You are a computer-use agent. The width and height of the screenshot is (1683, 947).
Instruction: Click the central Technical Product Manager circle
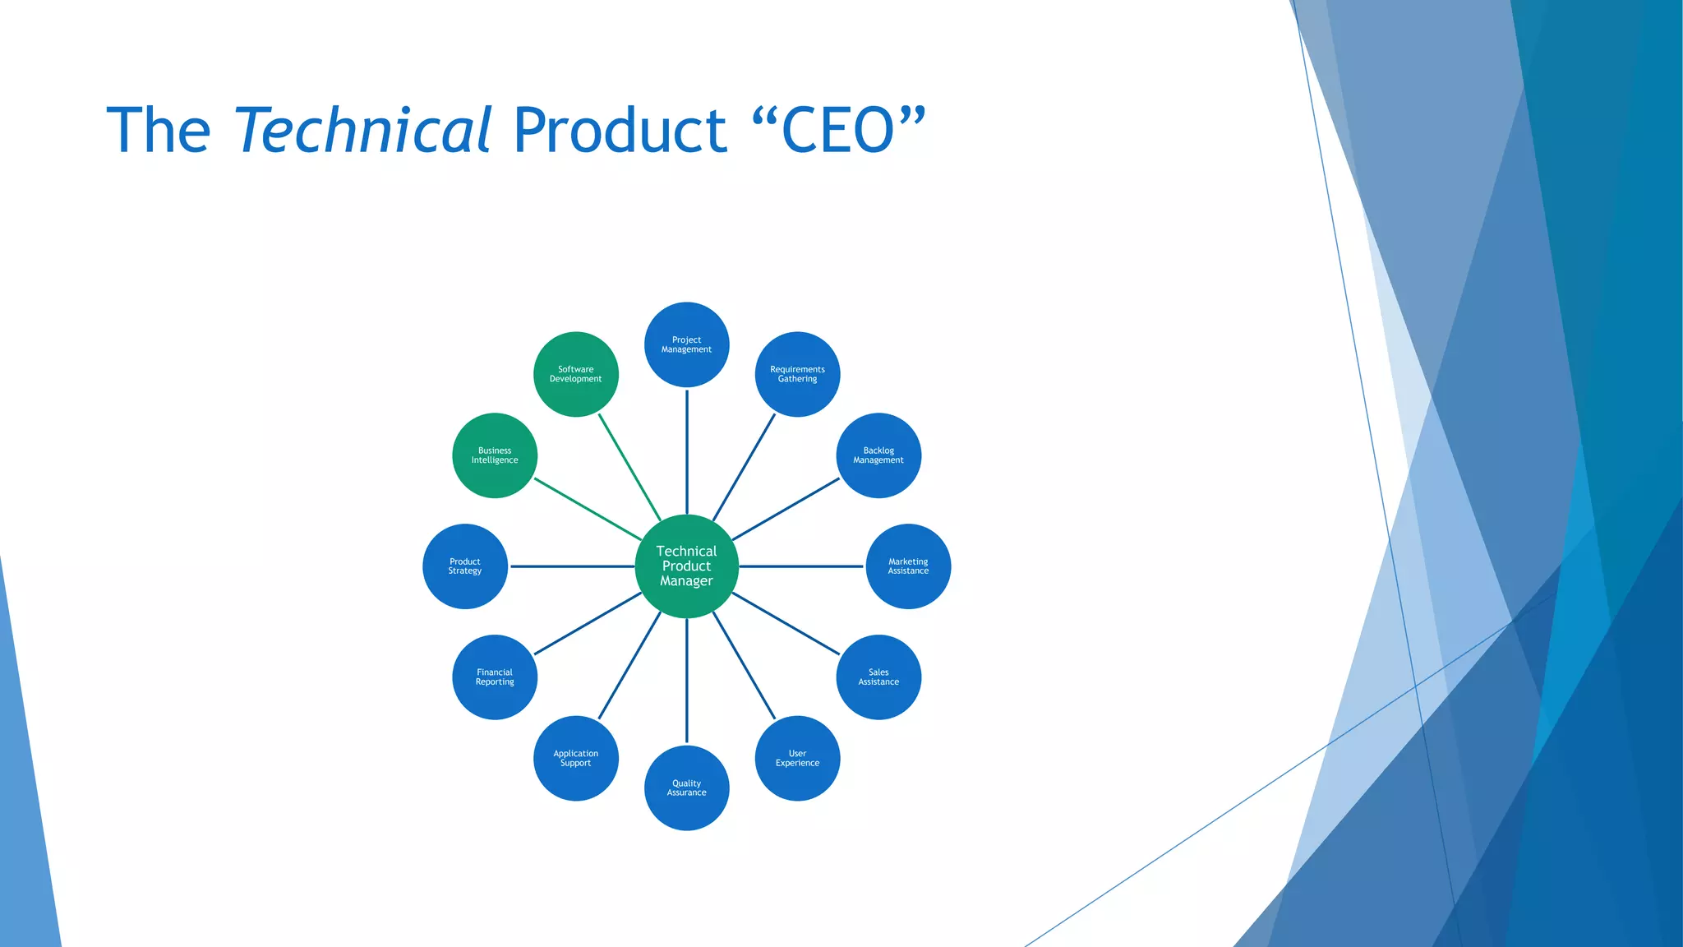coord(686,566)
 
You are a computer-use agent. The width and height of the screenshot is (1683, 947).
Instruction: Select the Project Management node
coord(686,344)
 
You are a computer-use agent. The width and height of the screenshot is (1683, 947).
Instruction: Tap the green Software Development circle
coord(575,374)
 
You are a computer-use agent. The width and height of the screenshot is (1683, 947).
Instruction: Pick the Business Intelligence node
coord(495,455)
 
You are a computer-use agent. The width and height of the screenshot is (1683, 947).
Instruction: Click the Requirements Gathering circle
coord(797,374)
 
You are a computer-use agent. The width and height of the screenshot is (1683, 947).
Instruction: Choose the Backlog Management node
coord(878,455)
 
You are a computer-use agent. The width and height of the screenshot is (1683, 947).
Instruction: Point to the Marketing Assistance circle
coord(908,566)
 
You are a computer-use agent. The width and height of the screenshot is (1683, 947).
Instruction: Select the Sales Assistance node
coord(878,677)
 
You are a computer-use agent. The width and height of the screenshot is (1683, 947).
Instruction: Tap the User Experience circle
coord(797,758)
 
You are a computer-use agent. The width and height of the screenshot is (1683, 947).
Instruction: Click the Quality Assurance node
coord(686,788)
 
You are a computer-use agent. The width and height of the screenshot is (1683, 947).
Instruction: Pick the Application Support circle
coord(575,758)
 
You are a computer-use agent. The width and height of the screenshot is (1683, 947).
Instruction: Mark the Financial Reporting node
coord(495,677)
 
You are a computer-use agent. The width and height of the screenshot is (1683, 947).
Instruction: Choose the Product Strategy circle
coord(465,566)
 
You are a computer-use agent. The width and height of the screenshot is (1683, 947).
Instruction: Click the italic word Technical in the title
coord(362,130)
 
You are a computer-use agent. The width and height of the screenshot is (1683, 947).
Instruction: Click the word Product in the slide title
coord(620,130)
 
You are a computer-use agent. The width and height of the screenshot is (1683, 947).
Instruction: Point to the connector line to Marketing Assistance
coord(801,566)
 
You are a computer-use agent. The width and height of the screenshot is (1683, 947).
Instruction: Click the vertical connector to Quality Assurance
coord(687,681)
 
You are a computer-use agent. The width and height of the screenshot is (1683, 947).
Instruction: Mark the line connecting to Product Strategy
coord(572,566)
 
